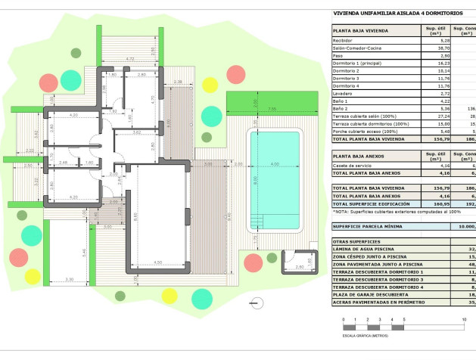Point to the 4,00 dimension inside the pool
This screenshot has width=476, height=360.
tap(275, 165)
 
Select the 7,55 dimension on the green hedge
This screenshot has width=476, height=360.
tap(271, 109)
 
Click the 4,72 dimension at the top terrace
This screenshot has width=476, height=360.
tap(129, 58)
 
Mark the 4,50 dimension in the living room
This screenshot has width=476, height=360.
tap(157, 262)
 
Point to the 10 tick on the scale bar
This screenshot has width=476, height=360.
tap(464, 320)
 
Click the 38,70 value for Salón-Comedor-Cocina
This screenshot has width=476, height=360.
tap(434, 48)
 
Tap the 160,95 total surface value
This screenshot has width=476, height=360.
tap(434, 203)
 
